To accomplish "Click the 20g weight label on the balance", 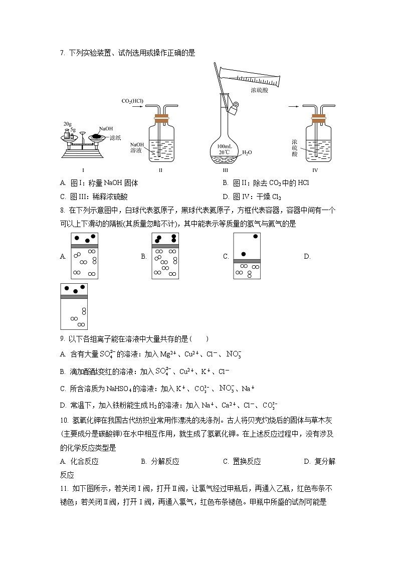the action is tap(67, 123).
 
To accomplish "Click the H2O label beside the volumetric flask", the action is tap(247, 152).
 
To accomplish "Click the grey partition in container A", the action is tap(84, 246).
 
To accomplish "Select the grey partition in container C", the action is tap(247, 261).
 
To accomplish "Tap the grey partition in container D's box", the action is tap(74, 297).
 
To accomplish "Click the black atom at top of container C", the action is tap(256, 236).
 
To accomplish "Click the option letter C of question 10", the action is tap(225, 462).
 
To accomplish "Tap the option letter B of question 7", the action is tap(225, 183).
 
